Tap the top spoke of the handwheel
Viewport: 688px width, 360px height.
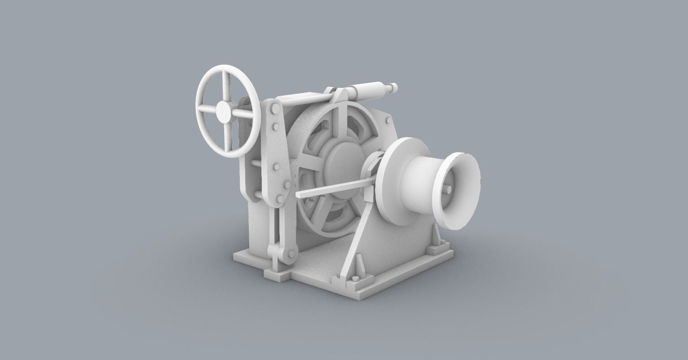226,86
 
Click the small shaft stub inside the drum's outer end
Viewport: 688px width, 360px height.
449,190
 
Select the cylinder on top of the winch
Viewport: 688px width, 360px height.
370,90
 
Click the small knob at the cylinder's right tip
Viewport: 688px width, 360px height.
394,86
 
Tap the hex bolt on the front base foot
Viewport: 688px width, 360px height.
356,279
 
